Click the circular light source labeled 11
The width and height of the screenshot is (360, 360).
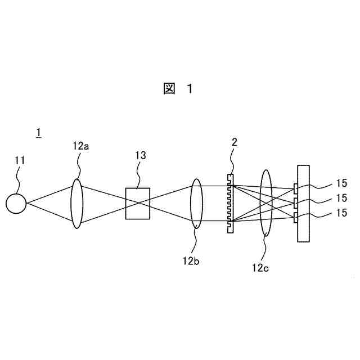tap(16, 203)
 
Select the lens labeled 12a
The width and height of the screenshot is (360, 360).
tap(76, 203)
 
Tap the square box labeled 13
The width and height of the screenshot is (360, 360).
tap(138, 203)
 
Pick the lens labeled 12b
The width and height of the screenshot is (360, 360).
tap(196, 203)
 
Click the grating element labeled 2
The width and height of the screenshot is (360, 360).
tap(230, 203)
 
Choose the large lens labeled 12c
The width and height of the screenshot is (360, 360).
tap(267, 203)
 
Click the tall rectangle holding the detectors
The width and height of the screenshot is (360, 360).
tap(304, 203)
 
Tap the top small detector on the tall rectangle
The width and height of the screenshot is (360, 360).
tap(295, 188)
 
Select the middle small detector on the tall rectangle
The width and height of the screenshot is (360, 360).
tap(295, 202)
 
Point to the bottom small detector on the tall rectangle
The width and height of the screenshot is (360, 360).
tap(295, 218)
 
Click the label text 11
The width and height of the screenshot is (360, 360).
tap(20, 161)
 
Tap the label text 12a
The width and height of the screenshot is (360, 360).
tap(81, 146)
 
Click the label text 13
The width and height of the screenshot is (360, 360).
tap(139, 156)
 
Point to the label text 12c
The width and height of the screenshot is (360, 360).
tap(260, 269)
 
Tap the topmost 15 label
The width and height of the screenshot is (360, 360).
tap(341, 183)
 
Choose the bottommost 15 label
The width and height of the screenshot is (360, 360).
tap(341, 213)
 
